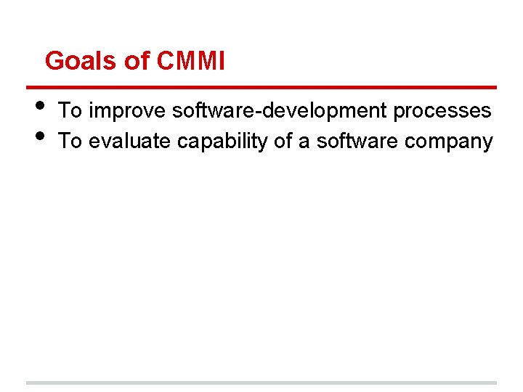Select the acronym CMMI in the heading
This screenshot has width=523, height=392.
click(190, 61)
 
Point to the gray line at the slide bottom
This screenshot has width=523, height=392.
click(261, 383)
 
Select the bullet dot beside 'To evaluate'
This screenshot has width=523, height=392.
click(40, 135)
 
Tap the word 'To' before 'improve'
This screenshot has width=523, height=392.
click(70, 111)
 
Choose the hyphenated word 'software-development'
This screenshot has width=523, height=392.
click(280, 111)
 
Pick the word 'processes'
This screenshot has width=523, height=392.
click(442, 111)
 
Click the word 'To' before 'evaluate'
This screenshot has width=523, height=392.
click(70, 141)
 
